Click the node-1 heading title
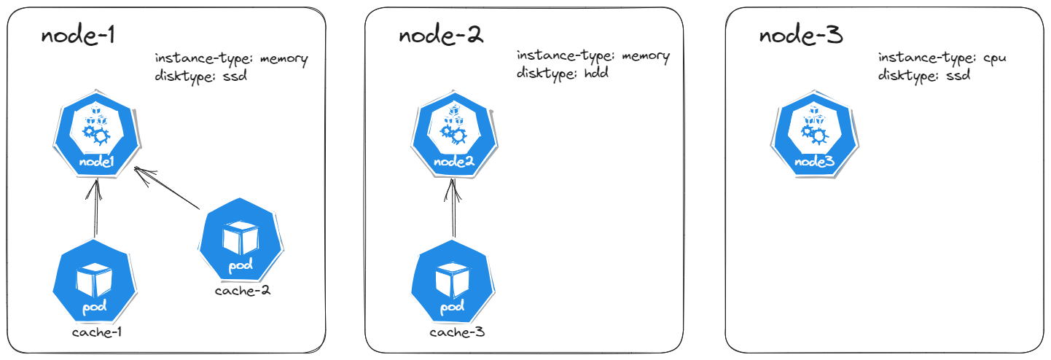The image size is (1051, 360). click(79, 36)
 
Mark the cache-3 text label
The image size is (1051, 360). click(457, 333)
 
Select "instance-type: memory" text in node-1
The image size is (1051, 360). click(231, 58)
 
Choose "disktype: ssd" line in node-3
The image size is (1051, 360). click(923, 74)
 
